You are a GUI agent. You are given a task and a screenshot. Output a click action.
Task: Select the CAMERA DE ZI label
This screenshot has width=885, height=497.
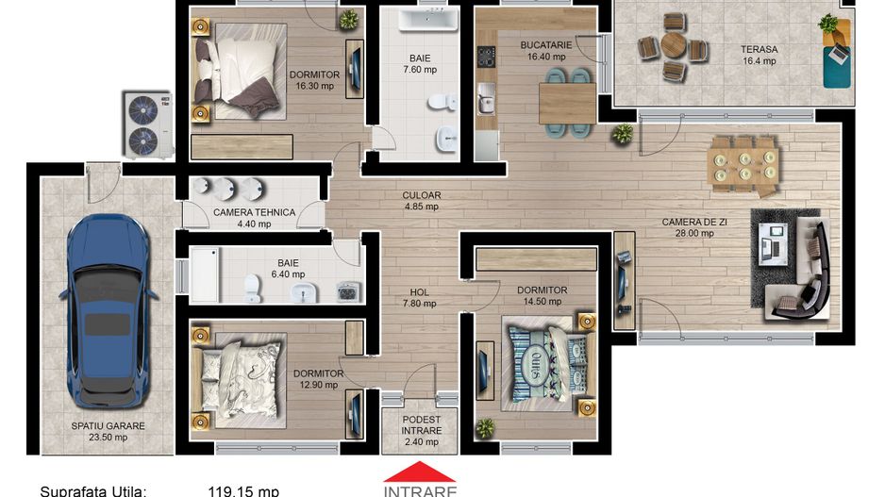(693, 223)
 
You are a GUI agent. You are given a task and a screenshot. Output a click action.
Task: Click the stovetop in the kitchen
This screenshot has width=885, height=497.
(487, 57)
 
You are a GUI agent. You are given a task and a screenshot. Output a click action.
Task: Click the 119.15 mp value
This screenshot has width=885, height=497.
(243, 490)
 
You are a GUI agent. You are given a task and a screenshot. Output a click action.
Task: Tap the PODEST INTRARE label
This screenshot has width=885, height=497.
(421, 425)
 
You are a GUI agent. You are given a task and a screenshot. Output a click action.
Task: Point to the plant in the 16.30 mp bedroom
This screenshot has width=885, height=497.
(349, 19)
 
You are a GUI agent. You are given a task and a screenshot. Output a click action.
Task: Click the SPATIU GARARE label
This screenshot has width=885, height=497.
(108, 425)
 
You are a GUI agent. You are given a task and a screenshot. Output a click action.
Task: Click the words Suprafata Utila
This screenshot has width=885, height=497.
(92, 490)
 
